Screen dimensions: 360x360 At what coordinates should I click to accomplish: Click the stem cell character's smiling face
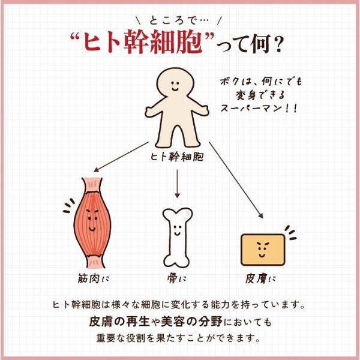[175, 86]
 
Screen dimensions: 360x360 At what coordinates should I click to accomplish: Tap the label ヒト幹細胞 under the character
[177, 157]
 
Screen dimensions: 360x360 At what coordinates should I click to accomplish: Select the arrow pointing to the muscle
[121, 157]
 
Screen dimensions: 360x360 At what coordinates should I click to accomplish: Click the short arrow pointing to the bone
[177, 184]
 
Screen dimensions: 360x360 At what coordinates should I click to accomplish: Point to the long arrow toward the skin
[236, 180]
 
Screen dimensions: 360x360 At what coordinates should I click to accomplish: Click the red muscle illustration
[92, 223]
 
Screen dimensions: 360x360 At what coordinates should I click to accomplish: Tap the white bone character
[177, 237]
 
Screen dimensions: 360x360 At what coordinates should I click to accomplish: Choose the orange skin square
[263, 250]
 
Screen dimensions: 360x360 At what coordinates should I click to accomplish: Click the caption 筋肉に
[93, 278]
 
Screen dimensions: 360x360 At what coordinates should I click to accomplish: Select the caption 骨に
[176, 278]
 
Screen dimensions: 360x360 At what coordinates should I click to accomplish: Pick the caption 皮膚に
[260, 278]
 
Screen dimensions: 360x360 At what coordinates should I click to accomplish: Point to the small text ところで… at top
[179, 20]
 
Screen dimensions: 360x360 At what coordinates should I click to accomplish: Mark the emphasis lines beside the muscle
[69, 206]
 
